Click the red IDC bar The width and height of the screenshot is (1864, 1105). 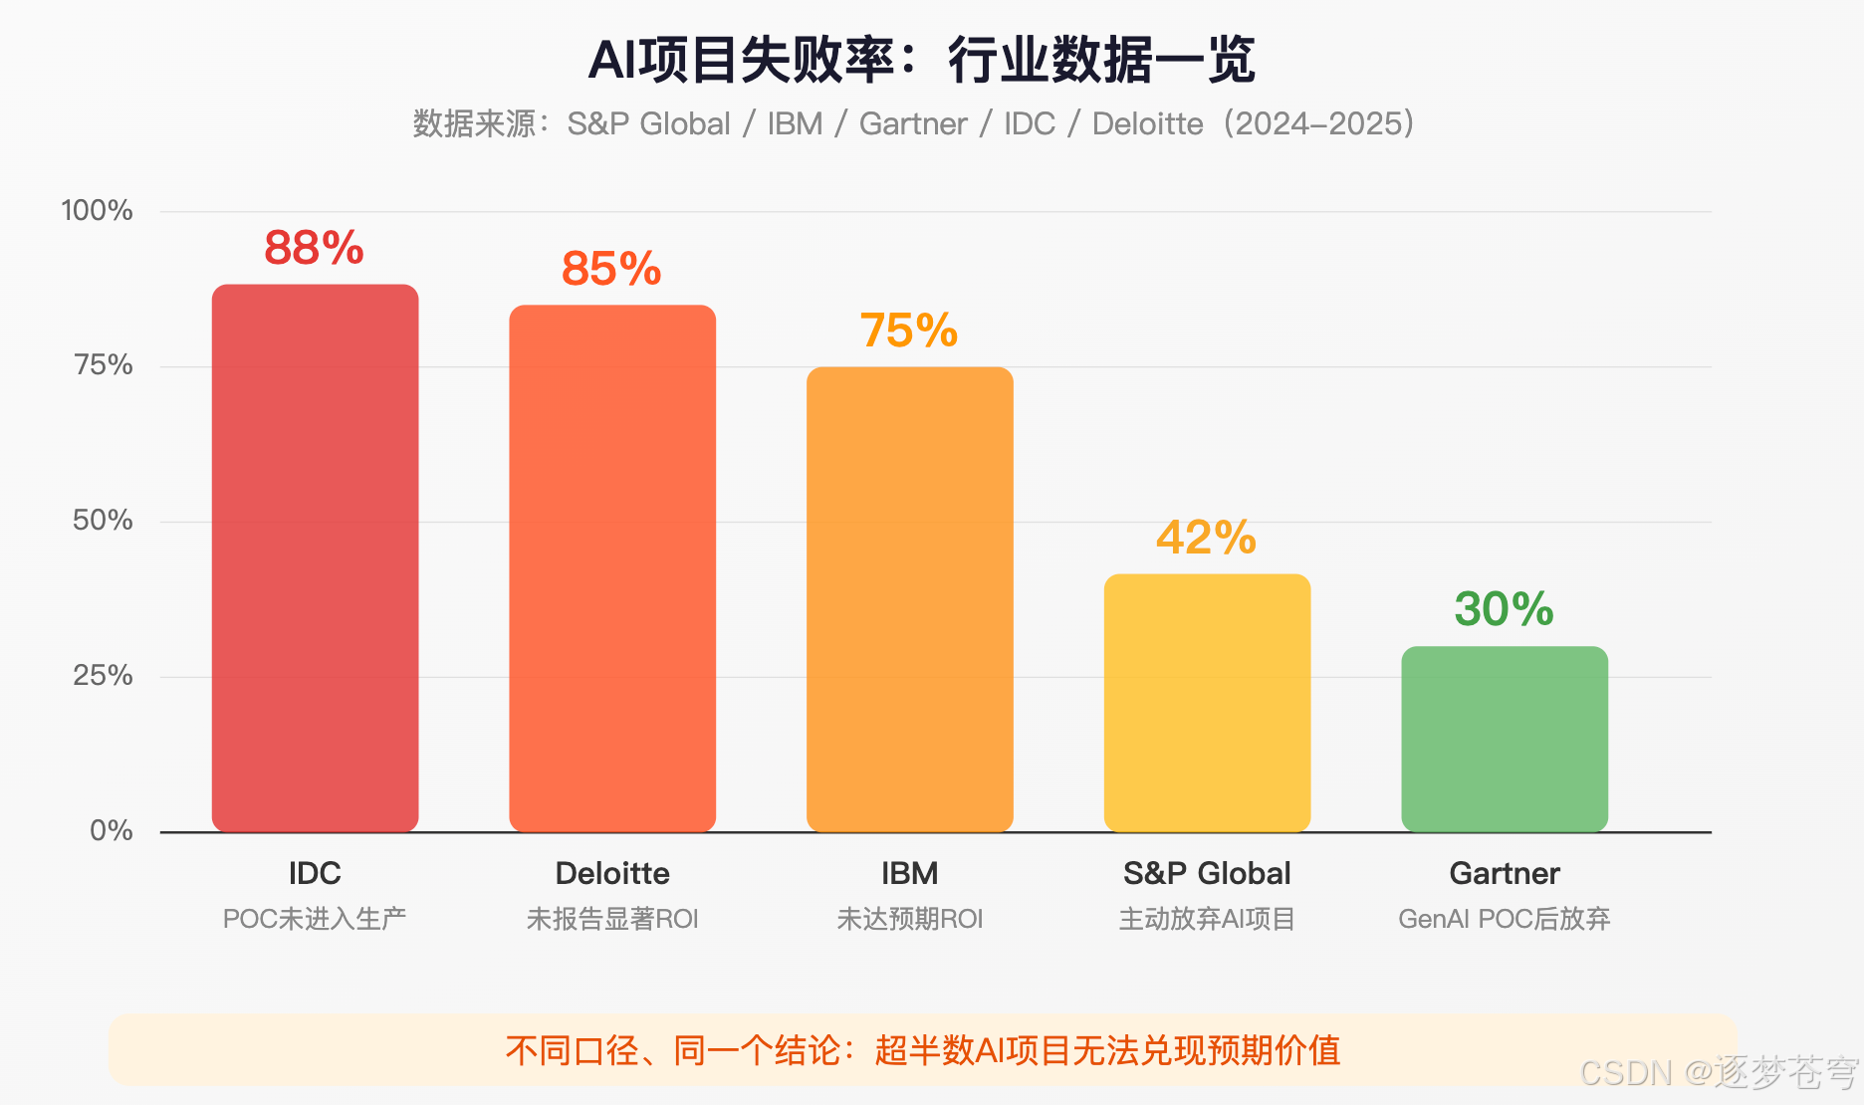pos(315,557)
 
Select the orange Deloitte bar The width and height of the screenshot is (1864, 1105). pos(612,567)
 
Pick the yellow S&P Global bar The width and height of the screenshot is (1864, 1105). pos(1207,703)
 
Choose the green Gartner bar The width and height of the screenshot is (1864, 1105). pos(1504,739)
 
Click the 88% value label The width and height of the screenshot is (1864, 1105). pos(314,248)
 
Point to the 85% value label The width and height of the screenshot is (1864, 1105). pos(611,269)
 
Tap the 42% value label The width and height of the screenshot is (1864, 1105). pos(1206,538)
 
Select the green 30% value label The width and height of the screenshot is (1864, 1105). pos(1504,609)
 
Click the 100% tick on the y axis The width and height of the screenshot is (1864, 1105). pos(97,210)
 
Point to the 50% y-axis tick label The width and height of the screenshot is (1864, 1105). pos(102,520)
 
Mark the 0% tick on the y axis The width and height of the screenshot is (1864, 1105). pos(111,830)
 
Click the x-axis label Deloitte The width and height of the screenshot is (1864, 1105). pos(612,873)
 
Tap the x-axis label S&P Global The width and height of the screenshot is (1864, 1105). pos(1207,873)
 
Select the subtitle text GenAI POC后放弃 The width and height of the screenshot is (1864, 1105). pos(1504,919)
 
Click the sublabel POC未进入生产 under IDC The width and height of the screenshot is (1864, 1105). pos(315,919)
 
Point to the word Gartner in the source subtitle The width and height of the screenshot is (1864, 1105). pos(913,123)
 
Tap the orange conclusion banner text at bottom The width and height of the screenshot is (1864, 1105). pos(922,1050)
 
